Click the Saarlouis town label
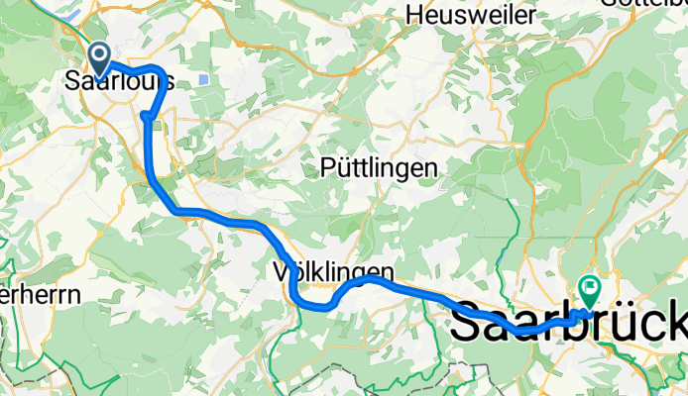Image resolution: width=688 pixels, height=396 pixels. point(119,82)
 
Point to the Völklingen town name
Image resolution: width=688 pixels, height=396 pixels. point(332,270)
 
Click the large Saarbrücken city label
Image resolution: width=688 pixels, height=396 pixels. point(570,325)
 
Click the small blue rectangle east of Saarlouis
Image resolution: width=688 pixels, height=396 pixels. point(203,79)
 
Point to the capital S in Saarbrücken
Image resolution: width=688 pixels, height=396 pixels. point(469,325)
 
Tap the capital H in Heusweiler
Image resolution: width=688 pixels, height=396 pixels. point(416,15)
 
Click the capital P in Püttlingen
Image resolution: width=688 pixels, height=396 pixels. point(328,168)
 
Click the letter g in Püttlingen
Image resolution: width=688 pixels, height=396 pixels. point(406,171)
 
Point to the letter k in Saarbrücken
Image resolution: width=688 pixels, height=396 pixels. point(678,325)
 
